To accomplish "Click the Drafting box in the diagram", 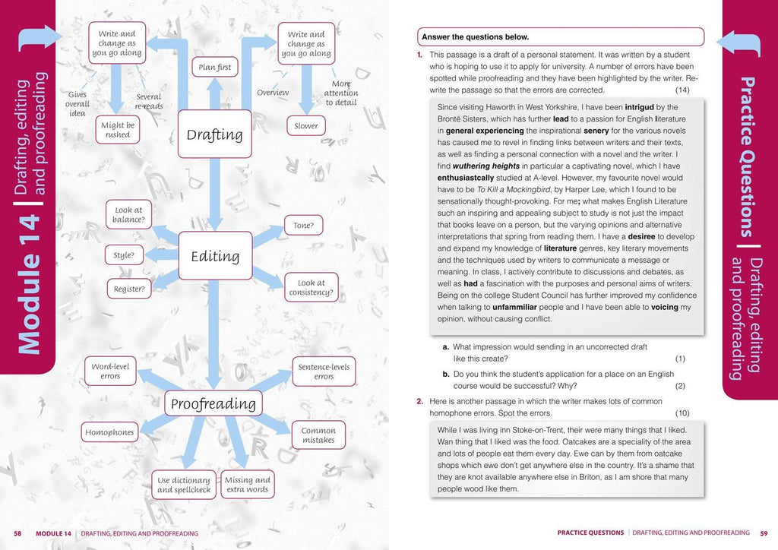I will (214, 134).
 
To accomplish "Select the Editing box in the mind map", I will (215, 256).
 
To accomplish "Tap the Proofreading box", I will (214, 403).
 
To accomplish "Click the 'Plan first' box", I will (214, 68).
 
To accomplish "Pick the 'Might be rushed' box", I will (118, 130).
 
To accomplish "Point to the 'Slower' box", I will (306, 126).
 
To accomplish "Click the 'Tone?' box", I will (303, 226).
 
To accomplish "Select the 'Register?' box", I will (128, 289).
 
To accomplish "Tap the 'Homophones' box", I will (109, 432).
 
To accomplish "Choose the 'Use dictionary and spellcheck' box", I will (184, 485).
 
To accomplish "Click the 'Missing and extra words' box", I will (248, 485).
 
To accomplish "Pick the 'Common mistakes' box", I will (318, 435).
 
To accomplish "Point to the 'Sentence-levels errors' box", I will (324, 371).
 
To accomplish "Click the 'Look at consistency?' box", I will (312, 288).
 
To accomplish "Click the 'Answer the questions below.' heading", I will (476, 36).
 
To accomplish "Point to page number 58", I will (17, 533).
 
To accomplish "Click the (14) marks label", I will (682, 90).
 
